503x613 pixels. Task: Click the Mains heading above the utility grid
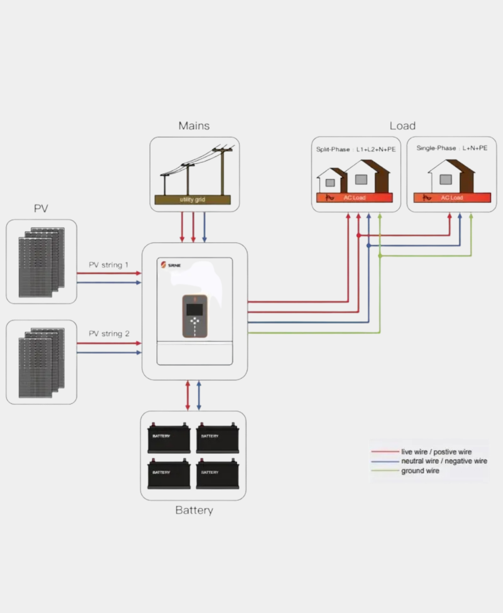(x=194, y=126)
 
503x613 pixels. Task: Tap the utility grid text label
(x=193, y=200)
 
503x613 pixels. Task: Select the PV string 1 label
(x=109, y=265)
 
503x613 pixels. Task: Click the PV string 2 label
(x=109, y=334)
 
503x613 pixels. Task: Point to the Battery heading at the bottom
(x=194, y=510)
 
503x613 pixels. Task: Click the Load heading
(x=402, y=126)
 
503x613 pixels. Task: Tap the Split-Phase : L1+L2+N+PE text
(x=356, y=149)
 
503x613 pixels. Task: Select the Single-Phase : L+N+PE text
(x=452, y=148)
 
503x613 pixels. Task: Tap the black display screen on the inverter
(x=195, y=309)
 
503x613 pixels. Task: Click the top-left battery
(x=169, y=437)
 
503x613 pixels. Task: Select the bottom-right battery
(x=217, y=474)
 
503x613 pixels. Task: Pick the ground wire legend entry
(x=420, y=471)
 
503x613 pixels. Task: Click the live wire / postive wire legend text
(x=436, y=452)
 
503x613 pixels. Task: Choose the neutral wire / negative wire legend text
(x=444, y=461)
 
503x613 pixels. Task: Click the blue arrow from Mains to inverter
(x=204, y=227)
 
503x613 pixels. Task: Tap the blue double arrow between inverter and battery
(x=199, y=395)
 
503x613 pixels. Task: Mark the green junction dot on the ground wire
(x=380, y=256)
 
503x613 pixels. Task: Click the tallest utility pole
(x=222, y=171)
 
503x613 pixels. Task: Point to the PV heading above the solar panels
(x=41, y=209)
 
